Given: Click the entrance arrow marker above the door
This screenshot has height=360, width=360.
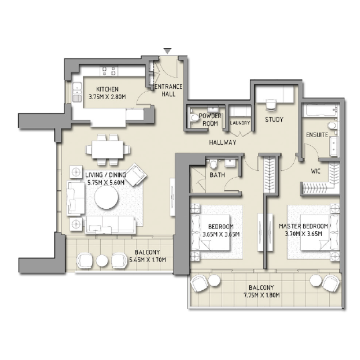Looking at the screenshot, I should point(167,51).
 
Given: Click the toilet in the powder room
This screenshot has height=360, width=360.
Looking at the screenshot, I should point(194,118).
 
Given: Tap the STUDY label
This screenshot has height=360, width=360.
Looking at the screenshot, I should point(274,120).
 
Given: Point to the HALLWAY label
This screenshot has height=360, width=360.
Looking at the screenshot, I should point(222,142).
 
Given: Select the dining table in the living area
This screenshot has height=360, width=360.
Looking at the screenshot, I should point(109,148).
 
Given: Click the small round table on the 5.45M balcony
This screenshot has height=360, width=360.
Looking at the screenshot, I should point(102,260).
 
